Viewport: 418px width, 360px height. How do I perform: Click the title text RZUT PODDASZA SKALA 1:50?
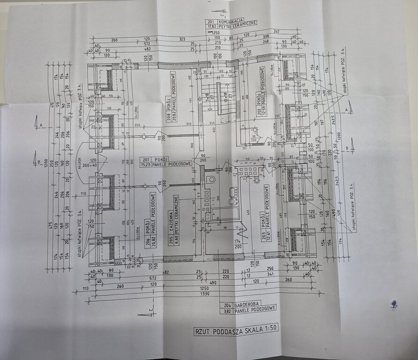[x=236, y=330]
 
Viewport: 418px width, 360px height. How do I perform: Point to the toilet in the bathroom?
[x=212, y=180]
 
